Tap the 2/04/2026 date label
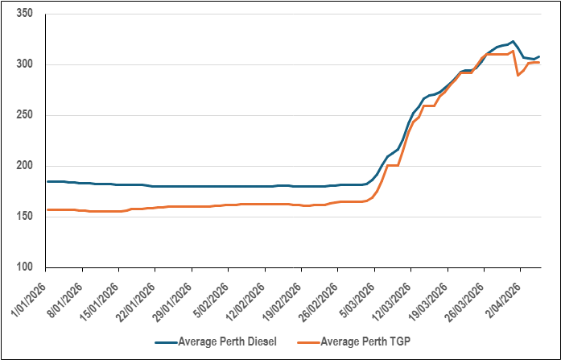pos(505,296)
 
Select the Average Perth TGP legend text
pos(369,341)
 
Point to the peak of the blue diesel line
pos(513,41)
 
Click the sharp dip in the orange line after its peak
pos(518,75)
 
